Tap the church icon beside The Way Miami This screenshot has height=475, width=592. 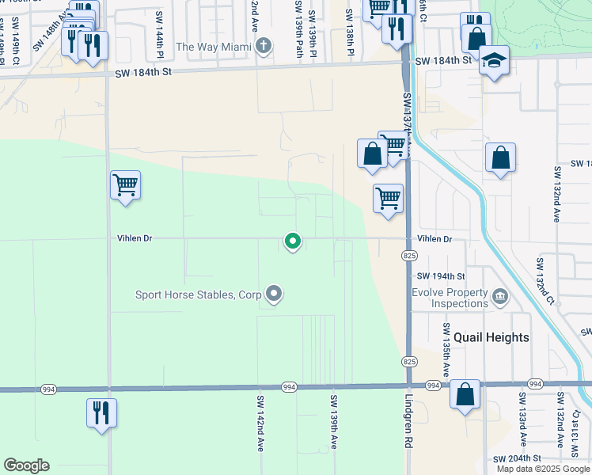264,47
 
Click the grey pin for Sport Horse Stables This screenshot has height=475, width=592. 275,294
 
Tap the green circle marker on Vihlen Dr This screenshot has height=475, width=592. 293,241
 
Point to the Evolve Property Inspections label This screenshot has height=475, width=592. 450,298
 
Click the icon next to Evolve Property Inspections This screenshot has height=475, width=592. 500,298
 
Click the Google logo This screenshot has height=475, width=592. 26,465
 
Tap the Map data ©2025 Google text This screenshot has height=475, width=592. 543,469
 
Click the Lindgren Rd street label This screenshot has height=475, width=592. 409,423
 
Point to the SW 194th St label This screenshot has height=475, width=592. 441,275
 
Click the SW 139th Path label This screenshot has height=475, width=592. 299,28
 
